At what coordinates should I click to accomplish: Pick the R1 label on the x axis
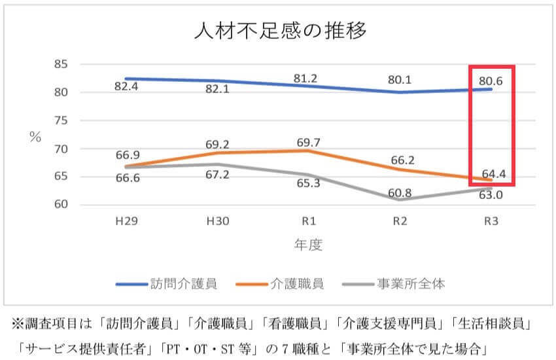tap(306, 222)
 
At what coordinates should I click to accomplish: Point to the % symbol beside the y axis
tap(35, 136)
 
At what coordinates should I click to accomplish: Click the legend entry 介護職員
tap(296, 283)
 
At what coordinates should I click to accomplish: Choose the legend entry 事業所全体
tap(411, 283)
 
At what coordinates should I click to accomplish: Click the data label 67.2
tap(217, 175)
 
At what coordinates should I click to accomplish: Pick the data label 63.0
tap(491, 195)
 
